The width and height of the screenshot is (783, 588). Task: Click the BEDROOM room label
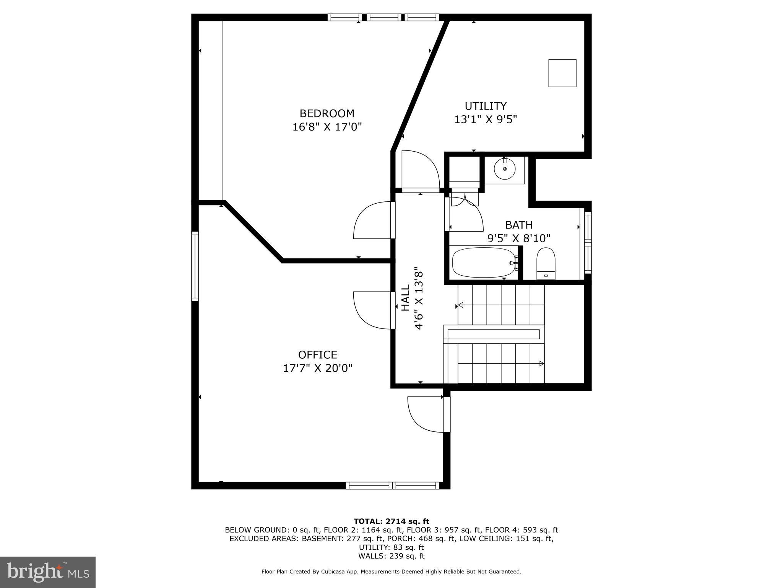(x=327, y=113)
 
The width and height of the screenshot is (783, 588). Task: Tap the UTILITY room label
(x=486, y=106)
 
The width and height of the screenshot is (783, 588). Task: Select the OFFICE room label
(x=317, y=354)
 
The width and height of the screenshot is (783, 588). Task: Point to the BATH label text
(x=519, y=225)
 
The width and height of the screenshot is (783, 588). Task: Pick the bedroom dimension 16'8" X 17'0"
(x=327, y=127)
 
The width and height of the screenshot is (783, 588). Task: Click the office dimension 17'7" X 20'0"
(x=317, y=368)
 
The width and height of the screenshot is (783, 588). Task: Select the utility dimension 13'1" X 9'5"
(x=486, y=119)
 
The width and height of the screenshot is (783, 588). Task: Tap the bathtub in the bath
(x=484, y=263)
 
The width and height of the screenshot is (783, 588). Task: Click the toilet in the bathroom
(x=546, y=263)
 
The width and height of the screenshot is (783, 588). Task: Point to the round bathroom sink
(x=505, y=168)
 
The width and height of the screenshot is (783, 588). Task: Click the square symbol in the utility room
(x=562, y=73)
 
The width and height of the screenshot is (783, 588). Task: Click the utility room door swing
(x=419, y=170)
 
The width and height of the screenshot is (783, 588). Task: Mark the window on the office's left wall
(x=195, y=266)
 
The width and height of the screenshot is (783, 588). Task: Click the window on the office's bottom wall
(x=392, y=485)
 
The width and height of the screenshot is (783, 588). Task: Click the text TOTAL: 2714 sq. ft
(x=391, y=521)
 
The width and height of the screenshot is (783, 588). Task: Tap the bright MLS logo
(x=48, y=572)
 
